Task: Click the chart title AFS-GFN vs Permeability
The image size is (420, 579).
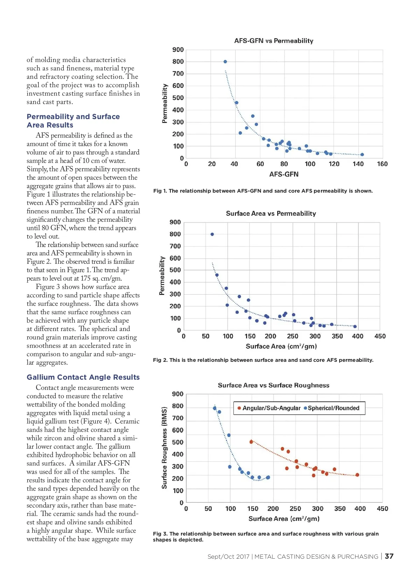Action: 274,41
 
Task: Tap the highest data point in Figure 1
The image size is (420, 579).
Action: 225,62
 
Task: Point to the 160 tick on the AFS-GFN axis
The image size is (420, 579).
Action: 382,164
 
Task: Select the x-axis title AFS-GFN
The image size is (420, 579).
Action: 284,174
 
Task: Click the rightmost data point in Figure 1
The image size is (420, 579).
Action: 362,154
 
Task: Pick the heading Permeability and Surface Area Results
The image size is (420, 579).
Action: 73,121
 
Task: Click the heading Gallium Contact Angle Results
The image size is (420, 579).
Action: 83,377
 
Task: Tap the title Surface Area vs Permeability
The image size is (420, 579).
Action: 271,213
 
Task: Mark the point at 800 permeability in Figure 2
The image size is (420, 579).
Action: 212,234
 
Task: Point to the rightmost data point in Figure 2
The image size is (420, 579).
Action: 355,326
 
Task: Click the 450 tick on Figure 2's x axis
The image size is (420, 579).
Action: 380,336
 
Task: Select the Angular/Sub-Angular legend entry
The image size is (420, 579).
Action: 269,408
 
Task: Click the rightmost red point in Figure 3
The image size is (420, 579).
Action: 357,475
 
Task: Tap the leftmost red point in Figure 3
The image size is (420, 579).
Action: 251,442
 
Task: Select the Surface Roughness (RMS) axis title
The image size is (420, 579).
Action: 164,448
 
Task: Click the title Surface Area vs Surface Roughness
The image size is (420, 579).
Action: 273,385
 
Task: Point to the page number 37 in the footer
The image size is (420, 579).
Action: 389,556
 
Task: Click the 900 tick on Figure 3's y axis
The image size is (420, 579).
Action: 178,394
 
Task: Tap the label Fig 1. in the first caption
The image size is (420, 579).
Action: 160,191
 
